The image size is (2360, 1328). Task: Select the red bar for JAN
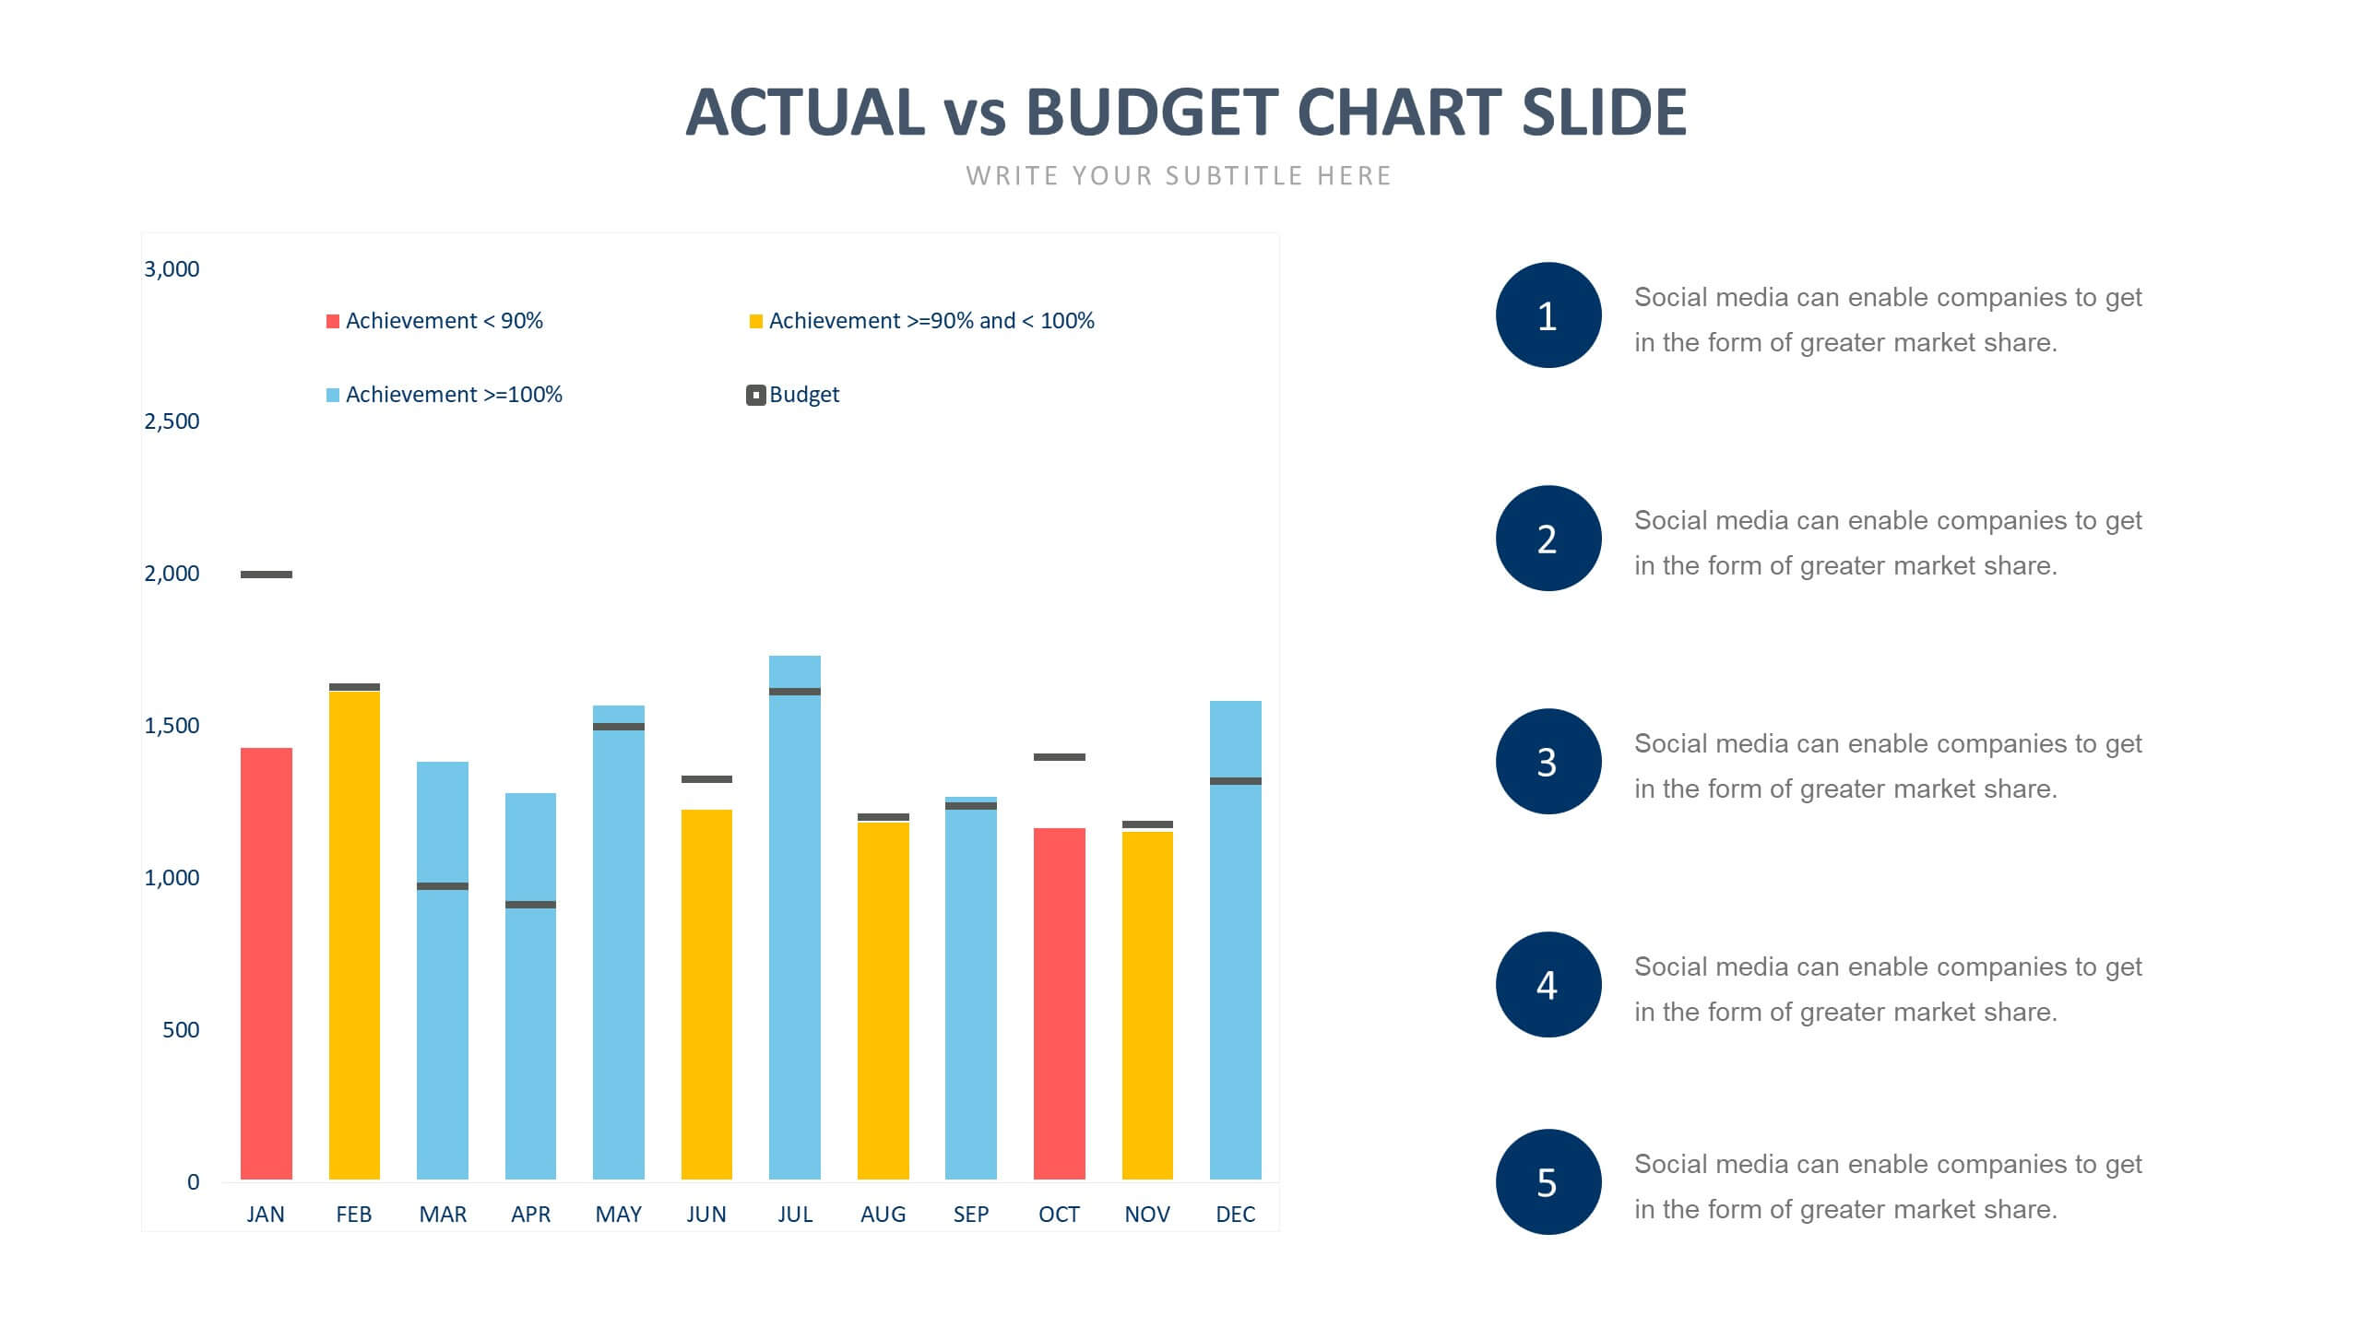pos(266,964)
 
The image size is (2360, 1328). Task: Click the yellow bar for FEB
pos(354,936)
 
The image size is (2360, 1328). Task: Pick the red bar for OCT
pos(1059,1003)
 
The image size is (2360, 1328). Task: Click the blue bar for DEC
pos(1235,941)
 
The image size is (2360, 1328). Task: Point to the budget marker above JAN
pos(266,575)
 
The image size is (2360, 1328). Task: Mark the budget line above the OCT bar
pos(1059,757)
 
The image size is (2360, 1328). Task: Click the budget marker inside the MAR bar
pos(442,886)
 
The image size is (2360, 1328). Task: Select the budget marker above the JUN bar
pos(706,779)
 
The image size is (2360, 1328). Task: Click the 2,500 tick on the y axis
pos(172,421)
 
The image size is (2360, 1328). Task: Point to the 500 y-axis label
pos(181,1030)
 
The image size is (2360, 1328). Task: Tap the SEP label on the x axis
pos(970,1215)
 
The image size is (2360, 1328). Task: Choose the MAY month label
pos(618,1215)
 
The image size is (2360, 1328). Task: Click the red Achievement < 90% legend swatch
pos(333,321)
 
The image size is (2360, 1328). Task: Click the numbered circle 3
pos(1548,762)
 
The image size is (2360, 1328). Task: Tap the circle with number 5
pos(1548,1182)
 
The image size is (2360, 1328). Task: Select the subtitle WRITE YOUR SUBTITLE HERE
pos(1179,176)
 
